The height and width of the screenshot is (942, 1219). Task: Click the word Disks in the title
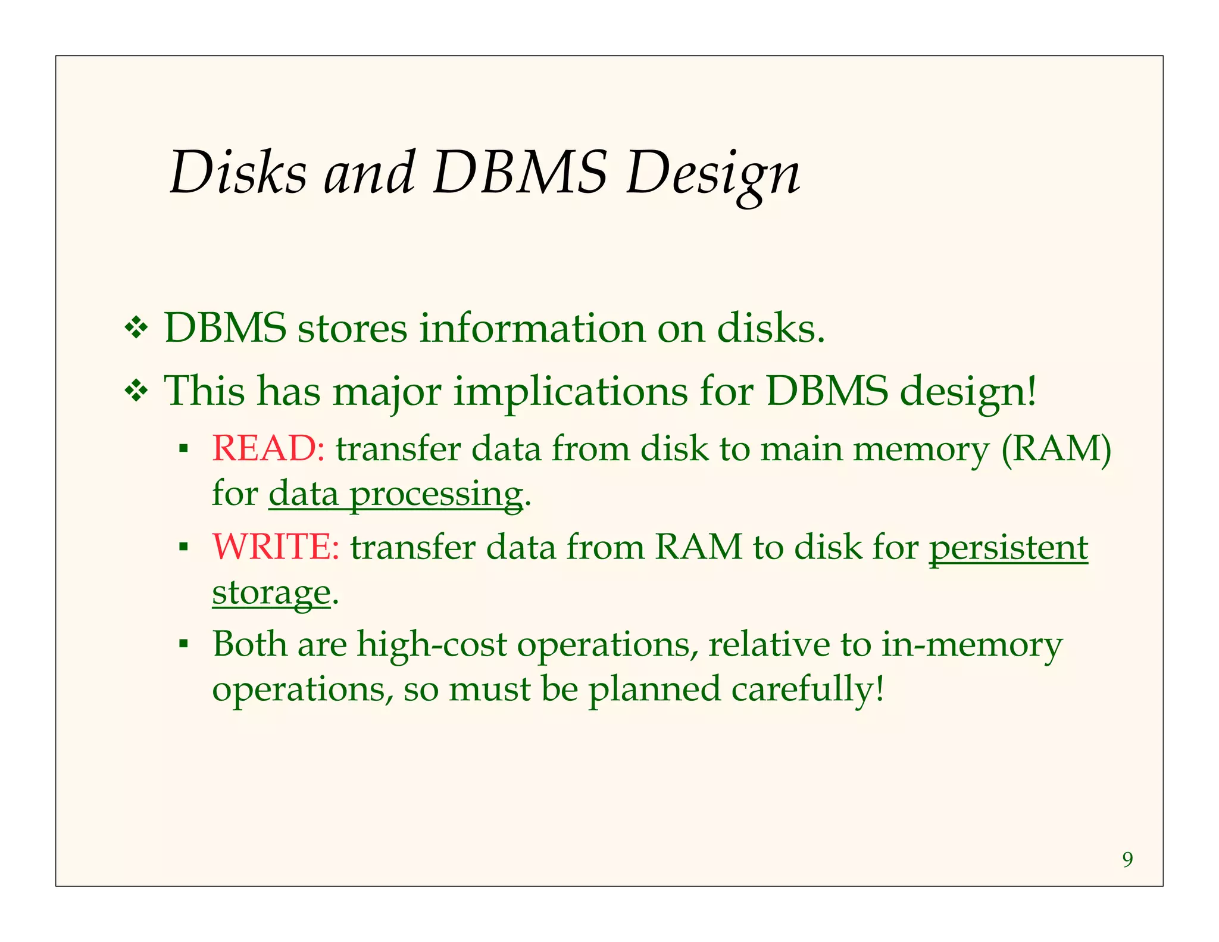click(x=238, y=173)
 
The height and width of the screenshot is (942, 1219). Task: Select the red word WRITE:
click(x=276, y=546)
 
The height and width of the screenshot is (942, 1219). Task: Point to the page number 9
click(x=1127, y=860)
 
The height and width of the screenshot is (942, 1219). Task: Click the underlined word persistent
click(x=1008, y=546)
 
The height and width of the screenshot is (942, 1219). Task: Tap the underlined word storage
click(x=271, y=592)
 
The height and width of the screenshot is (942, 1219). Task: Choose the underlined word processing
click(x=436, y=494)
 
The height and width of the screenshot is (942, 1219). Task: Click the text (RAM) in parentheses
click(x=1056, y=448)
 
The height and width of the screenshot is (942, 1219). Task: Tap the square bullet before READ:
click(x=183, y=447)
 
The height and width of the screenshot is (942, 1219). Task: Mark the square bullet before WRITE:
click(x=183, y=545)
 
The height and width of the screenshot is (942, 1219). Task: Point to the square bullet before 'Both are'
click(x=183, y=644)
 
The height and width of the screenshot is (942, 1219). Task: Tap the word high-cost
click(x=432, y=644)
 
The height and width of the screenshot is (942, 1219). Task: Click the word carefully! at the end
click(x=808, y=689)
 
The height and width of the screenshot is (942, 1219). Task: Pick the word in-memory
click(x=971, y=644)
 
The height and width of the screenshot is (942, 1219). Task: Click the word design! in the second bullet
click(x=968, y=392)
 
